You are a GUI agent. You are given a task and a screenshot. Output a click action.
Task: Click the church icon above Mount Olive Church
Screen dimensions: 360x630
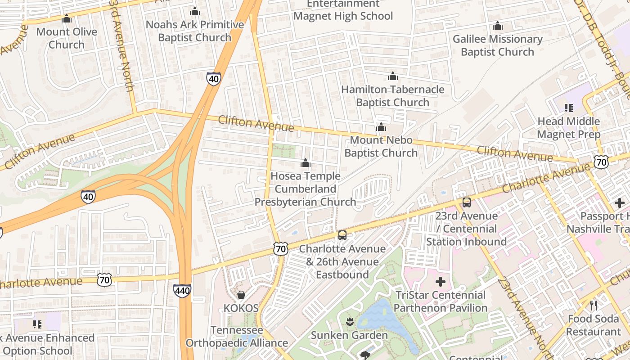click(x=67, y=19)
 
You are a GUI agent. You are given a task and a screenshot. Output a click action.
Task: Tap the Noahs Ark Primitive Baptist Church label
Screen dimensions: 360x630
click(x=194, y=31)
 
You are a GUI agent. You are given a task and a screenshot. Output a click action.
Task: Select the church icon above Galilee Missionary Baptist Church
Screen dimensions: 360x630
click(x=497, y=26)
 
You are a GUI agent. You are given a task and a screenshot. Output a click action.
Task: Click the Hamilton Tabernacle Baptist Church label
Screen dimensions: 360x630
click(x=392, y=96)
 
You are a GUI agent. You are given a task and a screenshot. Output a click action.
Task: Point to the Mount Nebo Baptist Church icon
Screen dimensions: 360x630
click(x=381, y=127)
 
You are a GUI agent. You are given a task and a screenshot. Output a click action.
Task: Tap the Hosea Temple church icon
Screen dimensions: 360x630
click(x=306, y=163)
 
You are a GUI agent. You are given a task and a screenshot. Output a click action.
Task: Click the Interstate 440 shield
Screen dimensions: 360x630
click(x=182, y=291)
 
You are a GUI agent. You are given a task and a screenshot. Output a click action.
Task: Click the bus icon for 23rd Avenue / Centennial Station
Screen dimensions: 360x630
click(x=467, y=202)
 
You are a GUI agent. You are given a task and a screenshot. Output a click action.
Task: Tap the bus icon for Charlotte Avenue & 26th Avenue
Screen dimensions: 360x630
click(x=342, y=235)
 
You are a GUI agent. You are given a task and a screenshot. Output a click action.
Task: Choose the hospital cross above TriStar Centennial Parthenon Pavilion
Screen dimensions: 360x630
click(x=440, y=282)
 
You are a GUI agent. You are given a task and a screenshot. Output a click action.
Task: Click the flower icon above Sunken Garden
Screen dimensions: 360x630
click(x=349, y=321)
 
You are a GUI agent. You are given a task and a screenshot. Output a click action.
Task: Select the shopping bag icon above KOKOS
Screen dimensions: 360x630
click(x=241, y=295)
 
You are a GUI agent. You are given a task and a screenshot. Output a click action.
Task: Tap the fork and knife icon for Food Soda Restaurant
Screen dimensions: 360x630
click(x=594, y=306)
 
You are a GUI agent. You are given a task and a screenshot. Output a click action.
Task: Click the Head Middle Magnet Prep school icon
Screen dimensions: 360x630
click(x=568, y=108)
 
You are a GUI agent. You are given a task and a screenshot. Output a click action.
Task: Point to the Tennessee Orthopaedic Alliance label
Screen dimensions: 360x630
click(x=237, y=337)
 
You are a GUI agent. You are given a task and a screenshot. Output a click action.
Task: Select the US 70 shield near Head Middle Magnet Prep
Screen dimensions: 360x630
click(x=601, y=162)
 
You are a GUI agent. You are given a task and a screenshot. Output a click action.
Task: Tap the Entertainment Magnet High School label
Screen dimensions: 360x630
click(x=343, y=10)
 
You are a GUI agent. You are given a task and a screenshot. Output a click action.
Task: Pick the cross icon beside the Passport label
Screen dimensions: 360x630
click(x=620, y=203)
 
